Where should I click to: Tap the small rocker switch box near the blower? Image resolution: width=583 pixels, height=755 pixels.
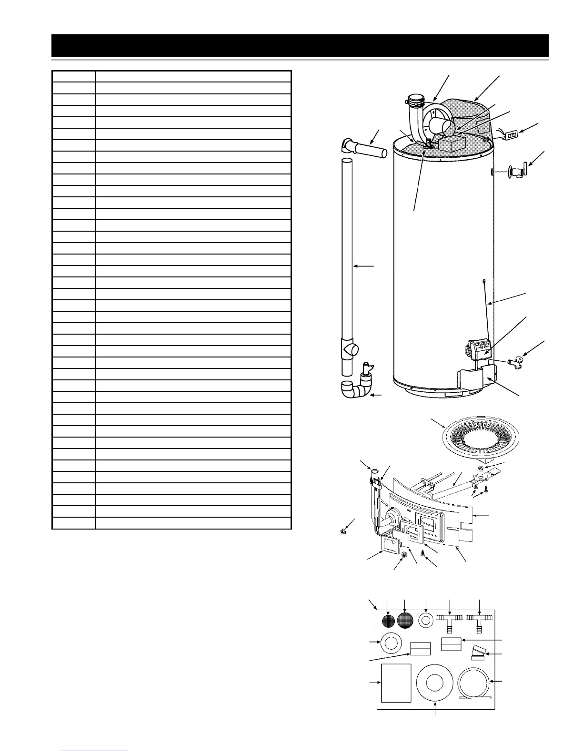(x=511, y=136)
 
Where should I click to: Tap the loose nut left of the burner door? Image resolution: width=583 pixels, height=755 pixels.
(x=342, y=531)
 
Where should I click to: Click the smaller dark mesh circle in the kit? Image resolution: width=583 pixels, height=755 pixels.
(x=389, y=622)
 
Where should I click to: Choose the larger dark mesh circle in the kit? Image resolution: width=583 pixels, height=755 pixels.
(x=405, y=622)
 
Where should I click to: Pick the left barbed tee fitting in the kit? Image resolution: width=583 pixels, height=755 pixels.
(x=449, y=620)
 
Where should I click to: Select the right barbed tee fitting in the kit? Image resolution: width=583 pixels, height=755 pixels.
(x=479, y=620)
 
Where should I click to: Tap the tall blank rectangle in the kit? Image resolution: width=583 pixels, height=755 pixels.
(x=396, y=683)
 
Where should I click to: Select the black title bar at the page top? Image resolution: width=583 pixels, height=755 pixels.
(x=300, y=45)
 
